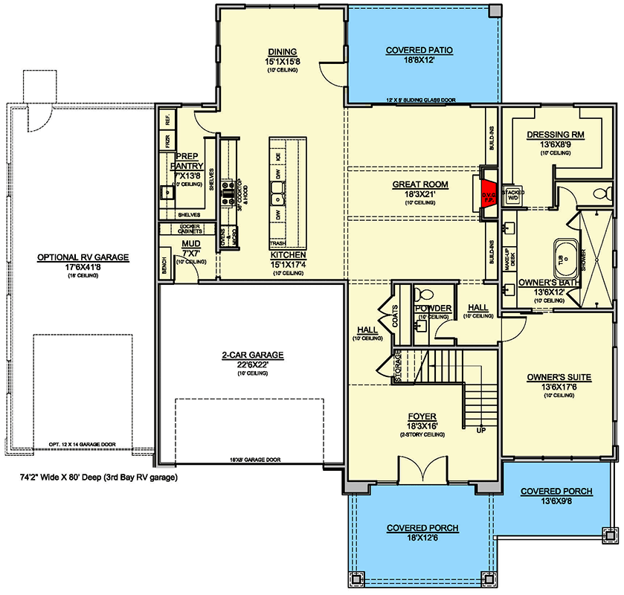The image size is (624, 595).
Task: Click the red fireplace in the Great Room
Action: pos(489,192)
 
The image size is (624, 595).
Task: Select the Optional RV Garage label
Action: pos(83,257)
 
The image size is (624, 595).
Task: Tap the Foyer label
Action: pos(422,416)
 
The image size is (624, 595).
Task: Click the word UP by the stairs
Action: pos(480,431)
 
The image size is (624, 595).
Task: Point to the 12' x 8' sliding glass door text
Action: pos(420,99)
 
